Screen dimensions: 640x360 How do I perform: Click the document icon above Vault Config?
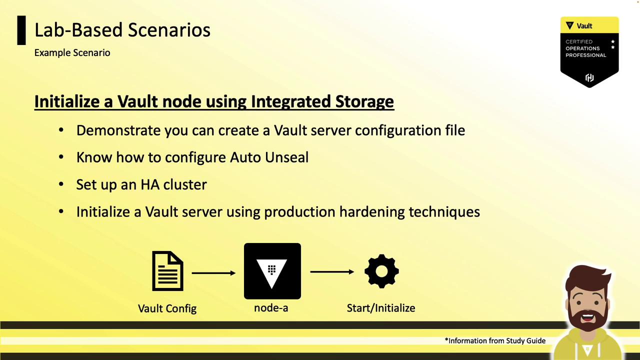coord(167,271)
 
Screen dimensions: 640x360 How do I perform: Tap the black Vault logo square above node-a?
coord(272,271)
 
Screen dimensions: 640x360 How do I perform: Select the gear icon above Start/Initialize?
coord(381,271)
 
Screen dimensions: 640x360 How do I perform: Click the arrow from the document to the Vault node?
coord(213,273)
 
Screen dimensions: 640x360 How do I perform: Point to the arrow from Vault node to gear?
coord(332,271)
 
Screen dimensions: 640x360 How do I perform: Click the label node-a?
coord(271,308)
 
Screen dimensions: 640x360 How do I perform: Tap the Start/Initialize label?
coord(381,308)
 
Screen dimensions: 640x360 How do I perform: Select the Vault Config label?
coord(167,308)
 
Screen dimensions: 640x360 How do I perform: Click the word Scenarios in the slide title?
coord(169,30)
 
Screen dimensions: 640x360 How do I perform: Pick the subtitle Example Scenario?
coord(72,53)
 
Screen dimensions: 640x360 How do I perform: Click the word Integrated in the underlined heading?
coord(290,101)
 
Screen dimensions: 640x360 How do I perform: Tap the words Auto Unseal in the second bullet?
coord(269,157)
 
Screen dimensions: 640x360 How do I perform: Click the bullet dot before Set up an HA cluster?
coord(61,184)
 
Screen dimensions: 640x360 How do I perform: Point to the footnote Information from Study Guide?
coord(495,340)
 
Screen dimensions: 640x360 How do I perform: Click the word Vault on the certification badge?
coord(584,26)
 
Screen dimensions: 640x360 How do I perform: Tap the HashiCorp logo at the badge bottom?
coord(589,77)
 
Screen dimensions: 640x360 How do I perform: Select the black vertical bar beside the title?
coord(21,30)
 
